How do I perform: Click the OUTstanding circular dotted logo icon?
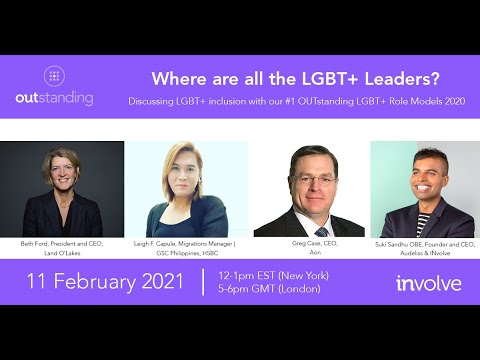coord(54,76)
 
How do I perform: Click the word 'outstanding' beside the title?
coord(54,98)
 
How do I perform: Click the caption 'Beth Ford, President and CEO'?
coord(62,243)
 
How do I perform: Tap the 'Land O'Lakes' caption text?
coord(62,252)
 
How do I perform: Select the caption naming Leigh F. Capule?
coord(187,243)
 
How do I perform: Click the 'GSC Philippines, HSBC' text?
coord(187,252)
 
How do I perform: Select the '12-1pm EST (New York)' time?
coord(265,273)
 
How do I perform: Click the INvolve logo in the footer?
coord(428,283)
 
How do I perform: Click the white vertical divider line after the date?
coord(203,281)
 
